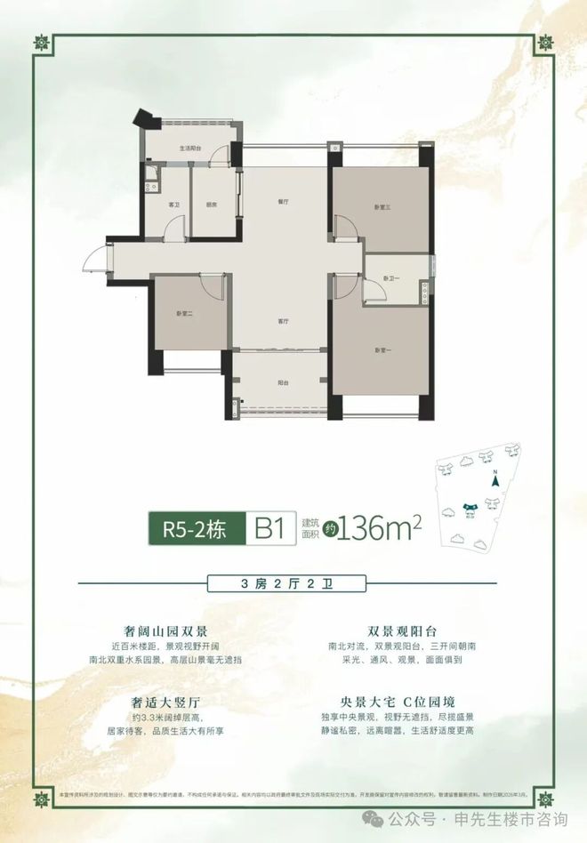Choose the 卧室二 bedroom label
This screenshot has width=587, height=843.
185,314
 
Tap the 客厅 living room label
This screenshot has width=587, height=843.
283,322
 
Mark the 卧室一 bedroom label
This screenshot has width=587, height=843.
383,349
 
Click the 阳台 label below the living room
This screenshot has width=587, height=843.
283,383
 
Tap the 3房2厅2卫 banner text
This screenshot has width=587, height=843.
293,584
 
